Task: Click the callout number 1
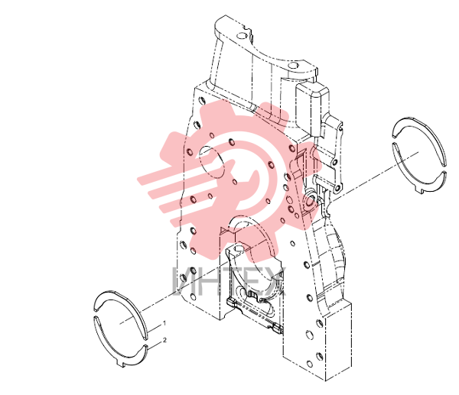[x=164, y=323]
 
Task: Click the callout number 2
[x=164, y=340]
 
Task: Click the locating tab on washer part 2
[x=121, y=364]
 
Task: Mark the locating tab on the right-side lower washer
[x=420, y=191]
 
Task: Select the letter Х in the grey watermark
[x=275, y=281]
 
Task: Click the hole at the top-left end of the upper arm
[x=242, y=36]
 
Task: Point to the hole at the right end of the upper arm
[x=293, y=65]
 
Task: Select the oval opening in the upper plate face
[x=212, y=162]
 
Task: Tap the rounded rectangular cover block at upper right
[x=312, y=108]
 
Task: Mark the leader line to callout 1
[x=154, y=328]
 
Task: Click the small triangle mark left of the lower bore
[x=226, y=230]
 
